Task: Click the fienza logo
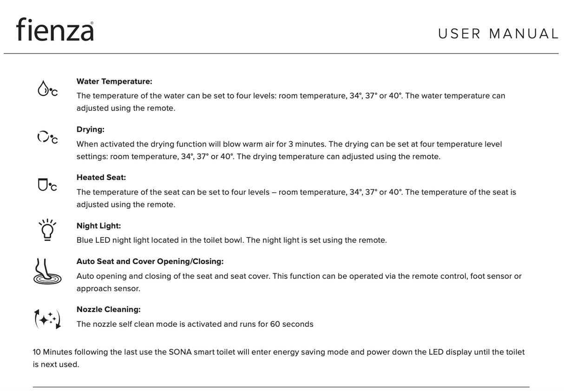(55, 30)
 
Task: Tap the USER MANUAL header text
(498, 34)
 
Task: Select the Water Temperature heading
(114, 81)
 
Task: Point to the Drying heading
(90, 129)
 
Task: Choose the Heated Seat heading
(101, 178)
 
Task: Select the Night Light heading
(98, 226)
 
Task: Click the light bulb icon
(47, 229)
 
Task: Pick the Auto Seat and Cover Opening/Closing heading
(150, 261)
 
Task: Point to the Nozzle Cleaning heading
(108, 310)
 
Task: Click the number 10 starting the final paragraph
(37, 352)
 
